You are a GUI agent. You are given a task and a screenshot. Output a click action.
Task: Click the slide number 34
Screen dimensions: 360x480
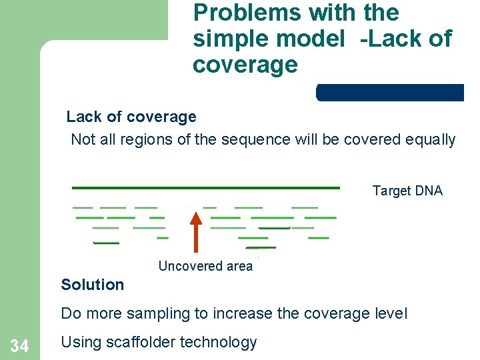19,346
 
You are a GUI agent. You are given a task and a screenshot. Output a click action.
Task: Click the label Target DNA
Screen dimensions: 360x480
407,191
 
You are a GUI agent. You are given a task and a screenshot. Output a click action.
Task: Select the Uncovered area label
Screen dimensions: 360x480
205,266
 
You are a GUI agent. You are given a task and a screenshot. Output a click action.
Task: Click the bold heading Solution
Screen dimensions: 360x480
92,285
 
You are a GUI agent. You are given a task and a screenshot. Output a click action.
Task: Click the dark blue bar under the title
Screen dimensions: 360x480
390,92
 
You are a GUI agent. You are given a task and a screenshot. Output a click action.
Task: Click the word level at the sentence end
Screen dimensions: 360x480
391,313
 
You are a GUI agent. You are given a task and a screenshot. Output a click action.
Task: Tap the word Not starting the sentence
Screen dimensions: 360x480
83,139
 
